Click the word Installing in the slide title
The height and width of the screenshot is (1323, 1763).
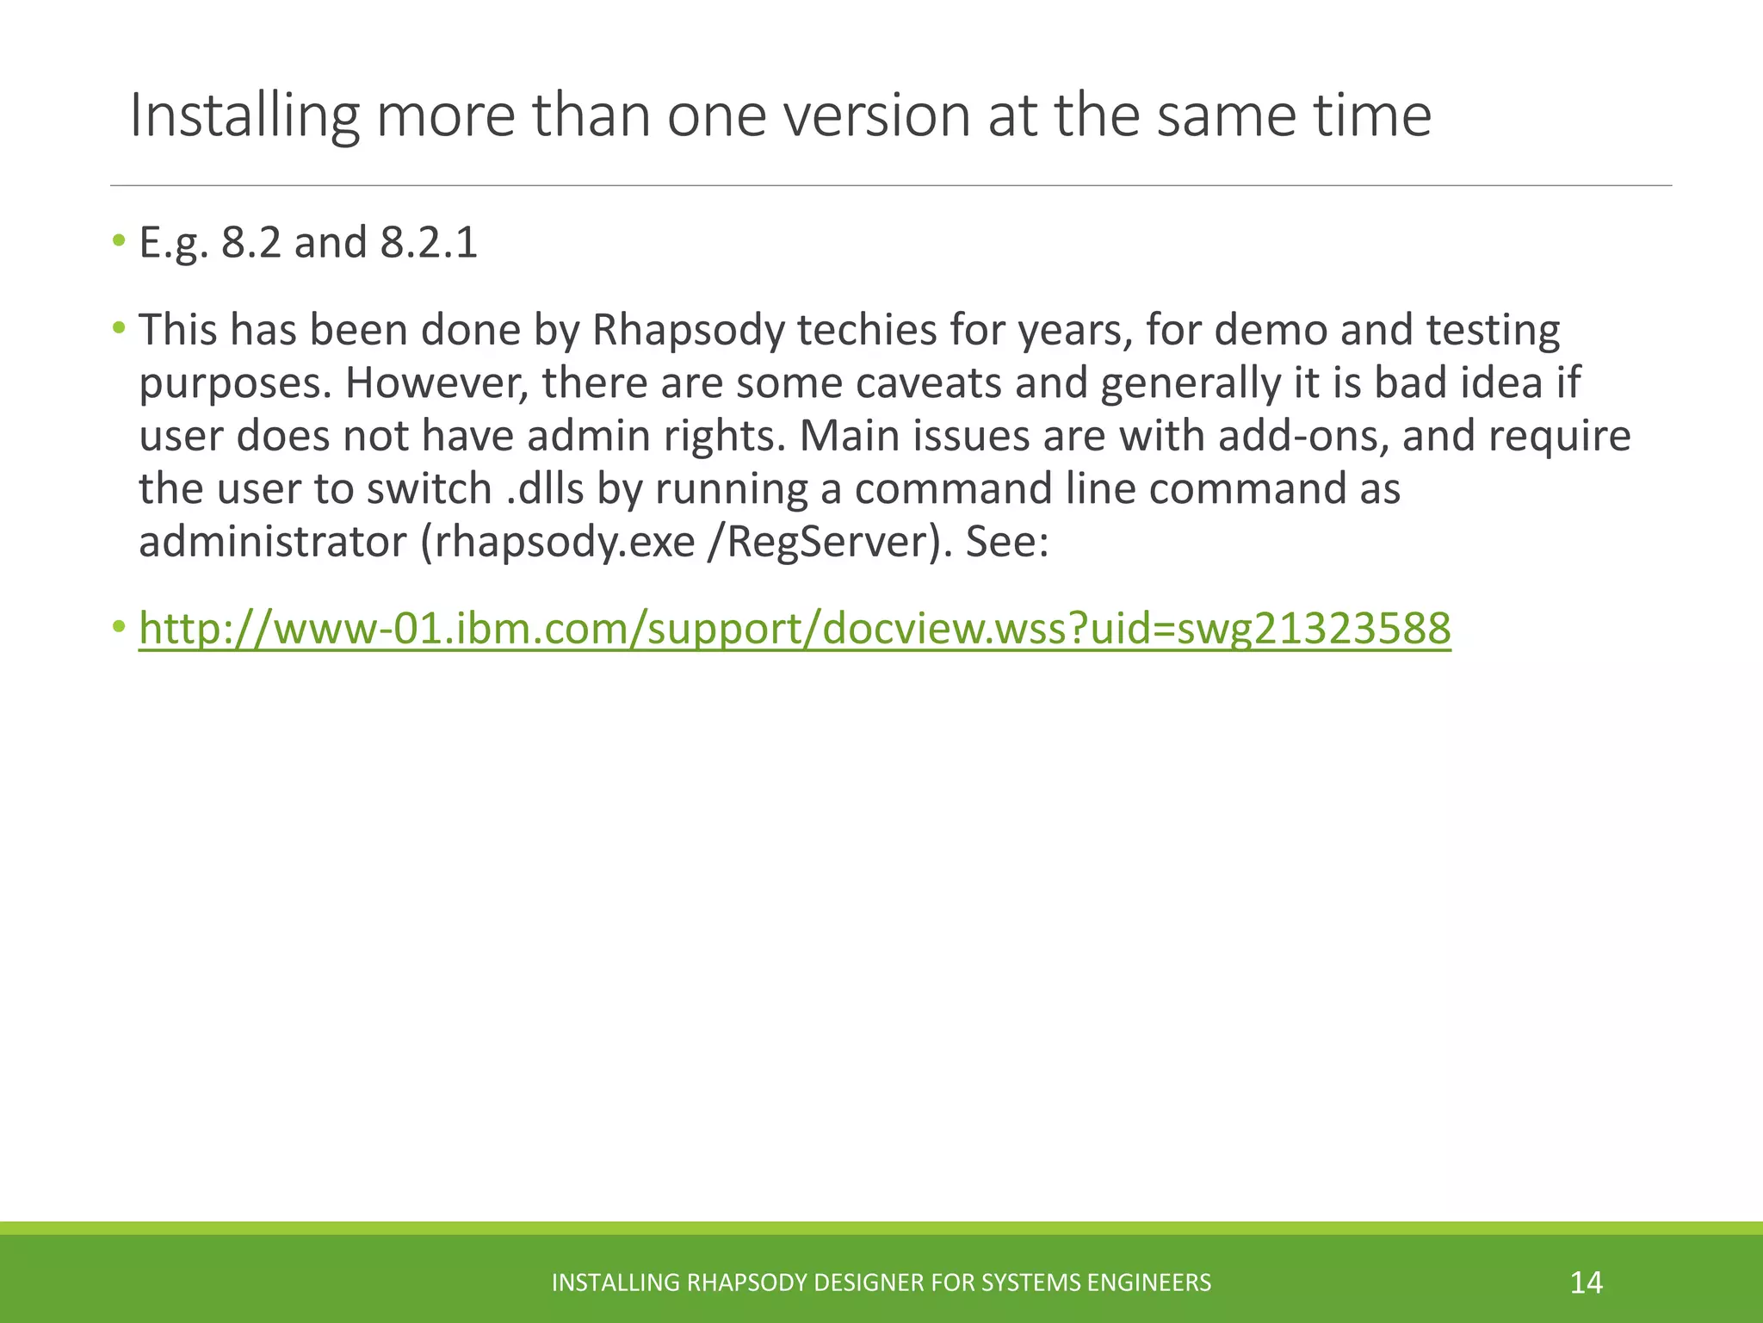[244, 116]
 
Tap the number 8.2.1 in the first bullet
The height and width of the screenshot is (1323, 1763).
[429, 243]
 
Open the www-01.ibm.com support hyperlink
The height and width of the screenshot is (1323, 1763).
[795, 629]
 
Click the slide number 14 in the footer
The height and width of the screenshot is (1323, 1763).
[1586, 1283]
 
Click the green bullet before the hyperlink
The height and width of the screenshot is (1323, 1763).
[119, 625]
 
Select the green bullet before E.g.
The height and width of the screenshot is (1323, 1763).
[119, 239]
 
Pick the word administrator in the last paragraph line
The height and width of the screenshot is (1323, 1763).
[273, 543]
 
